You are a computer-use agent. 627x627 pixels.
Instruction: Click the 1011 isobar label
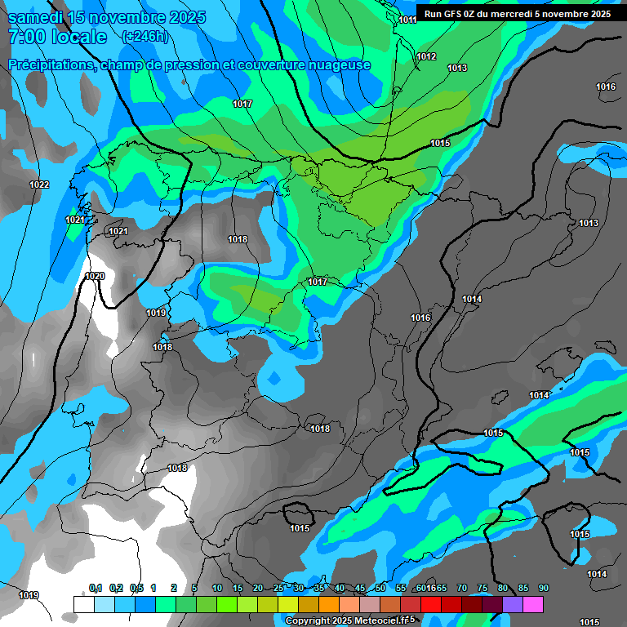pyautogui.click(x=407, y=20)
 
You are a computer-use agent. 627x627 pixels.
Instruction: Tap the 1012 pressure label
pyautogui.click(x=425, y=56)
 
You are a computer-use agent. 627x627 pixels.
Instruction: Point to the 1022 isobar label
pyautogui.click(x=39, y=185)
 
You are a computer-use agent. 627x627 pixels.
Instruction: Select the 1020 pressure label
pyautogui.click(x=95, y=276)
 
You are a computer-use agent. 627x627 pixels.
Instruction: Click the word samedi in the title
pyautogui.click(x=35, y=17)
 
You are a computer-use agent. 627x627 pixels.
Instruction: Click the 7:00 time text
pyautogui.click(x=26, y=37)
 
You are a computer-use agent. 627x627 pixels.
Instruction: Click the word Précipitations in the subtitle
pyautogui.click(x=51, y=64)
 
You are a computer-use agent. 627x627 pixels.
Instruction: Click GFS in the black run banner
pyautogui.click(x=462, y=14)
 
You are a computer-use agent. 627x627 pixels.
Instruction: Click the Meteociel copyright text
pyautogui.click(x=350, y=620)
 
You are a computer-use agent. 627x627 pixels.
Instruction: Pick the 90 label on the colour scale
pyautogui.click(x=543, y=589)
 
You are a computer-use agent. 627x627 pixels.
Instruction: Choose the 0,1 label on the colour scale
pyautogui.click(x=96, y=589)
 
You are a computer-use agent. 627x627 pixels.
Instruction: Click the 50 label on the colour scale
pyautogui.click(x=380, y=589)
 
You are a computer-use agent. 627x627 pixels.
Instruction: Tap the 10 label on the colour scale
pyautogui.click(x=217, y=589)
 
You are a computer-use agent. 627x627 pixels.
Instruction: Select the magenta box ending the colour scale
pyautogui.click(x=533, y=604)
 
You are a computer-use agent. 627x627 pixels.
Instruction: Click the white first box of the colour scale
pyautogui.click(x=83, y=604)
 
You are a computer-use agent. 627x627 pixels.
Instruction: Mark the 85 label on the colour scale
pyautogui.click(x=522, y=589)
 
